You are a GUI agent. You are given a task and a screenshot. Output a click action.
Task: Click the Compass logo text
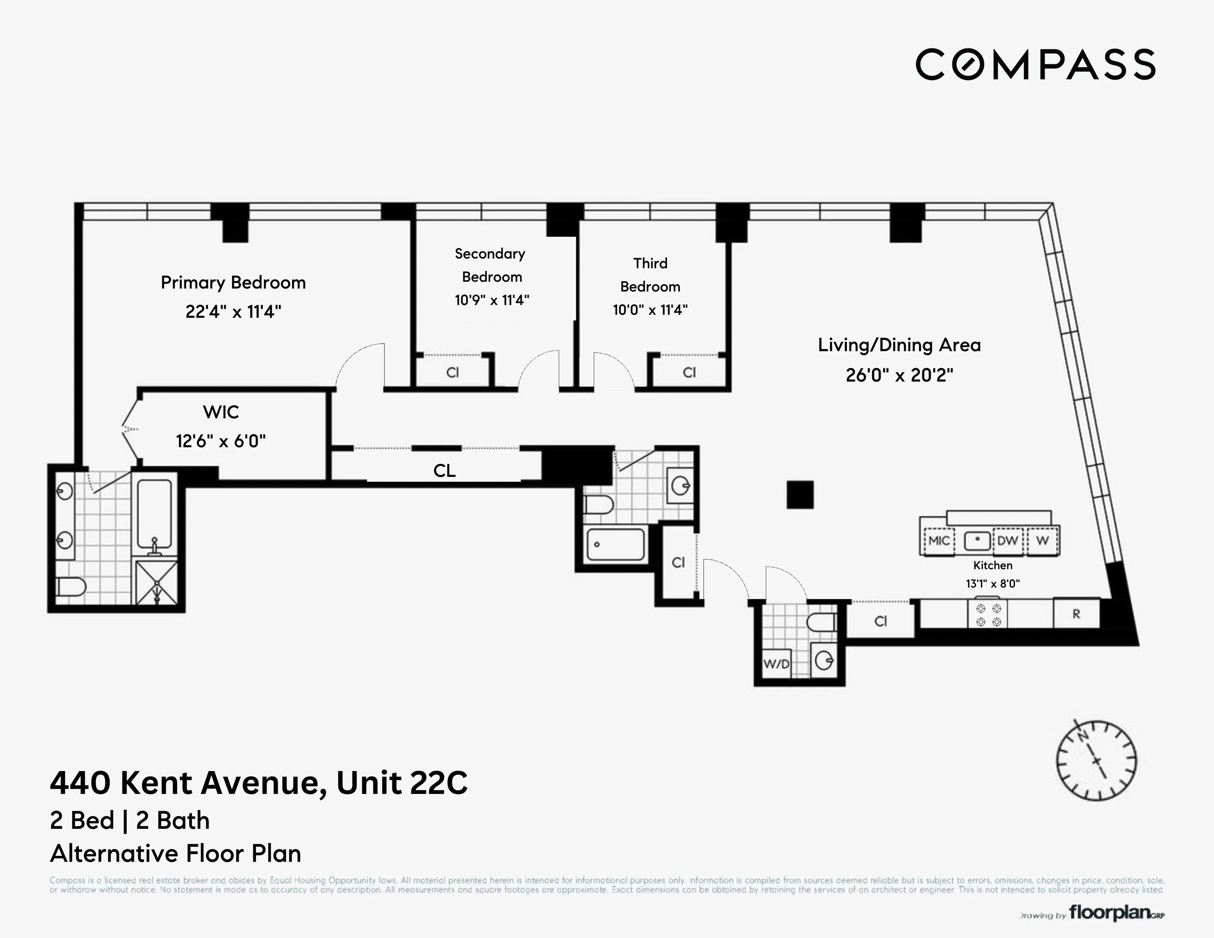click(x=1035, y=65)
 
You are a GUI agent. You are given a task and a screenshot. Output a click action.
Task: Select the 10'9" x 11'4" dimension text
click(x=491, y=300)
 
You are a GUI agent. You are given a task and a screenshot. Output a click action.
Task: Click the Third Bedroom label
click(x=650, y=275)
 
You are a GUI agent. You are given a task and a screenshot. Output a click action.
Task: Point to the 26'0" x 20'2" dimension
click(x=899, y=375)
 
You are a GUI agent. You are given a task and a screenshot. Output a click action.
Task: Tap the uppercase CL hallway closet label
click(x=444, y=471)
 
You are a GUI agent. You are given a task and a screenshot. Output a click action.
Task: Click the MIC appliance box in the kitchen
click(x=939, y=541)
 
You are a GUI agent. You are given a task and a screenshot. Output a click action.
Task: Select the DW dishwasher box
click(x=1007, y=541)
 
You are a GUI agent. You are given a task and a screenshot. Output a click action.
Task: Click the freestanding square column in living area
click(x=800, y=495)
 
